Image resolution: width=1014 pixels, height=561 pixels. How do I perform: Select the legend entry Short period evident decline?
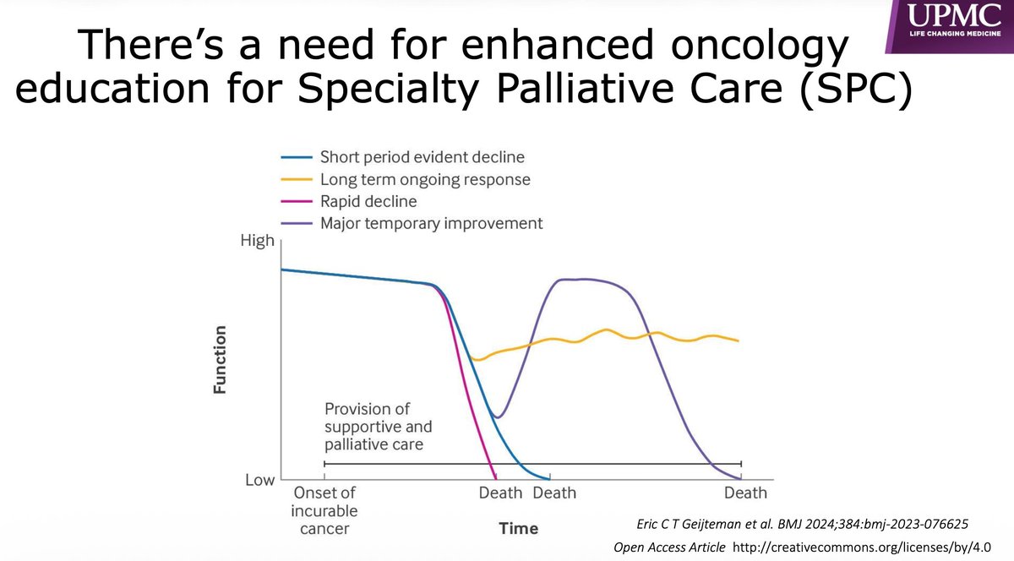point(422,157)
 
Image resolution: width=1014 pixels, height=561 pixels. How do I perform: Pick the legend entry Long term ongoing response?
point(425,179)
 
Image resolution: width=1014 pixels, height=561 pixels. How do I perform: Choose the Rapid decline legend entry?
point(368,201)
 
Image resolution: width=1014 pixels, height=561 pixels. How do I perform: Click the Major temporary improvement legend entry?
point(431,223)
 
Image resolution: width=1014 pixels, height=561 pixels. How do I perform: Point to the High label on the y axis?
point(258,241)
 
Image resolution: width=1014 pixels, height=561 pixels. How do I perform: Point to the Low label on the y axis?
point(259,480)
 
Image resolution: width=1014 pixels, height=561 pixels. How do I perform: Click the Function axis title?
point(221,360)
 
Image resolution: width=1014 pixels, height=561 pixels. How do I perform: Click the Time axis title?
point(518,528)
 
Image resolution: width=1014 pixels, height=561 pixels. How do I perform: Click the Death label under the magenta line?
point(501,493)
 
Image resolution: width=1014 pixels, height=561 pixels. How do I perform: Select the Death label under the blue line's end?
point(554,493)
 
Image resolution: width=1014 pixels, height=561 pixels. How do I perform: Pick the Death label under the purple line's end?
point(745,493)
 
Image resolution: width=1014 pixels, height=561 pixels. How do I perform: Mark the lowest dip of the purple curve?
point(499,417)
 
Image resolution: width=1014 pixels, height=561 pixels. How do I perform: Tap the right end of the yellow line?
point(739,340)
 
